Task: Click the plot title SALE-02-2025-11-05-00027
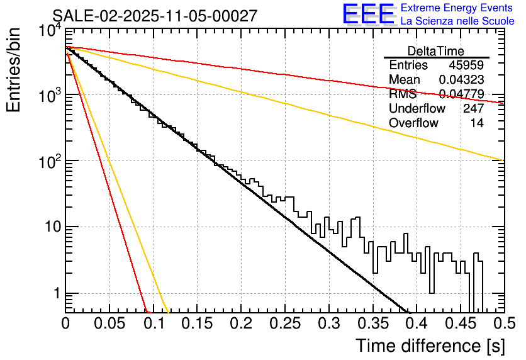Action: tap(155, 16)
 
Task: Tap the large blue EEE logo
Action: tap(368, 14)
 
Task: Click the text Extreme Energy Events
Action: tap(457, 8)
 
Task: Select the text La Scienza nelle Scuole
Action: tap(457, 21)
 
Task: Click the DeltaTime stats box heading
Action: tap(436, 51)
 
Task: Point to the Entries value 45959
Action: tap(466, 65)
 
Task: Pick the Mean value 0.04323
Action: tap(461, 80)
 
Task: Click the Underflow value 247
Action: tap(473, 109)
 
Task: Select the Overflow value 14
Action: tap(477, 123)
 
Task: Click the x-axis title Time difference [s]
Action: tap(429, 346)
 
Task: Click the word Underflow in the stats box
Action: tap(417, 109)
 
